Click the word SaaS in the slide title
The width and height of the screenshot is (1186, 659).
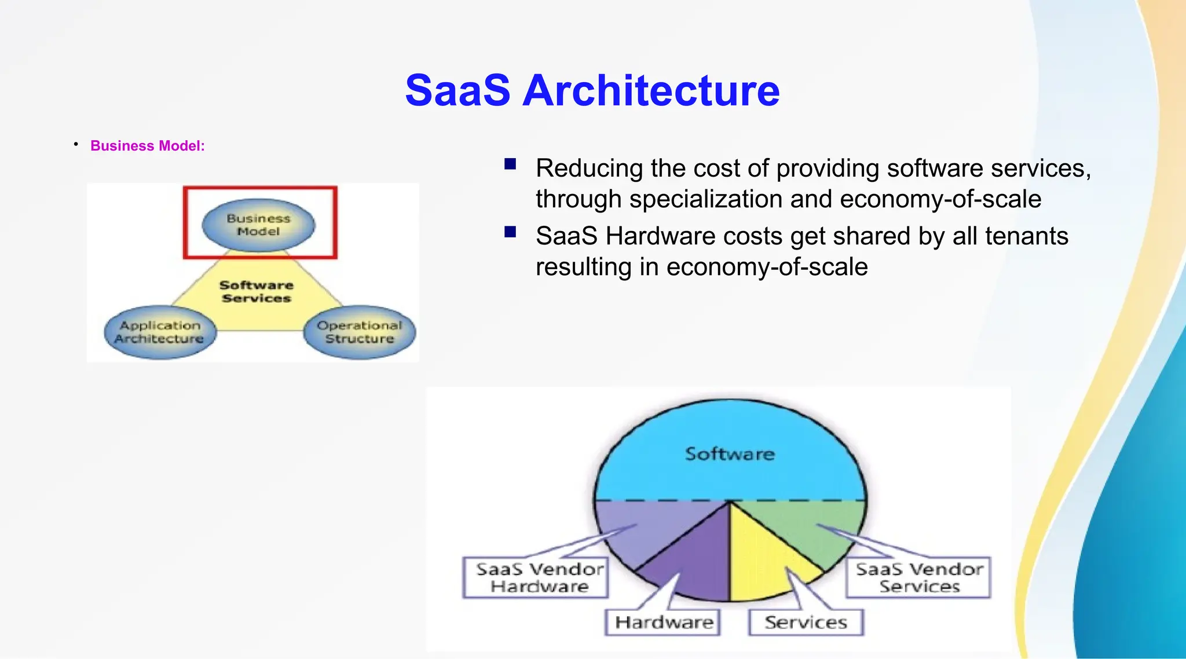[457, 91]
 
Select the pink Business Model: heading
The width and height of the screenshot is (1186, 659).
[147, 146]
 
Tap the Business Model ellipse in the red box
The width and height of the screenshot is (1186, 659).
[258, 225]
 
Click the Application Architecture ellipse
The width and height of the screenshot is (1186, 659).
[160, 332]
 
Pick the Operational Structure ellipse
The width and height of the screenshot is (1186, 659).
[360, 332]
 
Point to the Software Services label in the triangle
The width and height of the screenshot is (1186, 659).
[257, 292]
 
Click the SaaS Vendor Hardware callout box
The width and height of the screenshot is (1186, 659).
[536, 577]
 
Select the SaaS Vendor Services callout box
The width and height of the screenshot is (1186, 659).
[918, 577]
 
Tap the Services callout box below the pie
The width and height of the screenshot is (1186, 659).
[806, 623]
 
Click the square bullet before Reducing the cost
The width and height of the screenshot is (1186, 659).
[510, 164]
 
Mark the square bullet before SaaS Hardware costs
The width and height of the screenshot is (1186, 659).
[510, 232]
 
